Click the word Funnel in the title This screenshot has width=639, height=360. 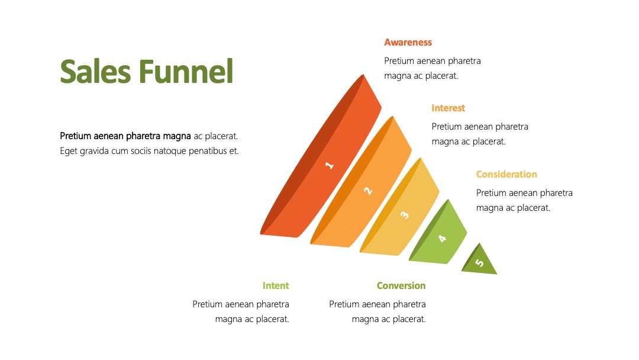(x=186, y=71)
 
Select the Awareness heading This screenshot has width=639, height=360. (x=408, y=43)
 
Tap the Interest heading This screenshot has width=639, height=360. (x=448, y=108)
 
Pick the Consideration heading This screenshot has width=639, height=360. (x=506, y=175)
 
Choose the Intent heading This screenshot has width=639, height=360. (x=276, y=286)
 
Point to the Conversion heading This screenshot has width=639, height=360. (x=401, y=286)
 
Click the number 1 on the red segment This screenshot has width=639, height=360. (x=330, y=165)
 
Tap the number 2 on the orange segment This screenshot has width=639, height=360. (x=368, y=191)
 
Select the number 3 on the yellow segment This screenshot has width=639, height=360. (x=405, y=215)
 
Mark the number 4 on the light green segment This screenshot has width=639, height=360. (x=442, y=239)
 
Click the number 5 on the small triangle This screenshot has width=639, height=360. (x=480, y=262)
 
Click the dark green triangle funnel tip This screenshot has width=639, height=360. (x=480, y=261)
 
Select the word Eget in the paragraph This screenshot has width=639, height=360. (x=69, y=151)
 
